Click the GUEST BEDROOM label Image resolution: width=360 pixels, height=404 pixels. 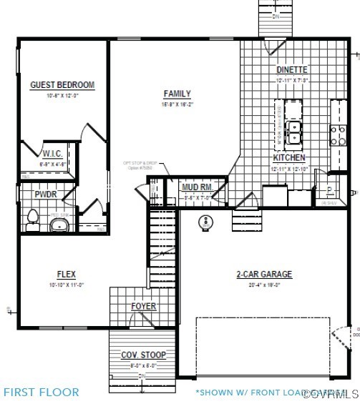(x=62, y=85)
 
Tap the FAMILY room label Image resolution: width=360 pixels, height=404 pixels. (x=177, y=94)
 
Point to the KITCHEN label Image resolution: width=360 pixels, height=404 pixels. (x=289, y=157)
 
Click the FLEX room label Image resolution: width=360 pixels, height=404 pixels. (x=67, y=274)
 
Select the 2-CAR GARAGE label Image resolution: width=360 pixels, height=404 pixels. (x=264, y=274)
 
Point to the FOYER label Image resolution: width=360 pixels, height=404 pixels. (x=143, y=307)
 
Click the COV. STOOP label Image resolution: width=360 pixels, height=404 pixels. (x=143, y=355)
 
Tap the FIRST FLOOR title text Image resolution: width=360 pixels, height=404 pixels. (x=42, y=392)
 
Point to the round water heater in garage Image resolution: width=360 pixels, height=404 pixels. (x=207, y=222)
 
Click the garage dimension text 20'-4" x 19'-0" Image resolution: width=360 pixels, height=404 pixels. (x=264, y=284)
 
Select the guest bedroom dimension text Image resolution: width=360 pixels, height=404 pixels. (x=62, y=95)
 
